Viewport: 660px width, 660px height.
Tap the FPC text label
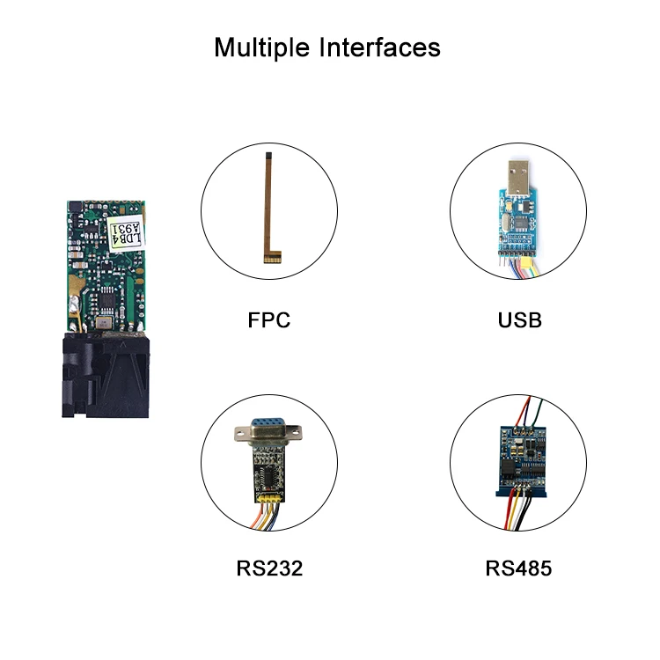268,319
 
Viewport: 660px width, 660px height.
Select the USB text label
519,319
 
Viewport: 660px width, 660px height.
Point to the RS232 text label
268,568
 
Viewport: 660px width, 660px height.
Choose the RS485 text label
519,568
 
